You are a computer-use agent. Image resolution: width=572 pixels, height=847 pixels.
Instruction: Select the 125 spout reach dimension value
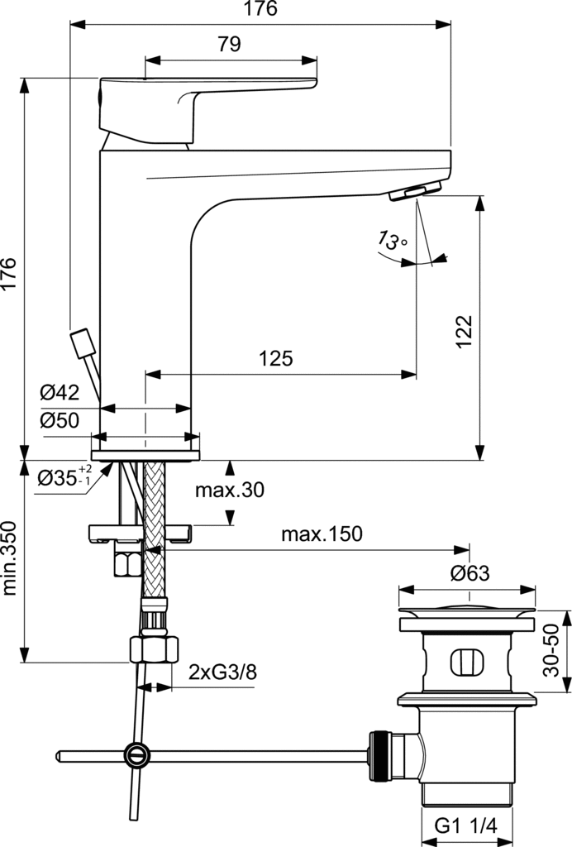[x=276, y=358]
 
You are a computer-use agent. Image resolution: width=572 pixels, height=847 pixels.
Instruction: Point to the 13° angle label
[x=393, y=241]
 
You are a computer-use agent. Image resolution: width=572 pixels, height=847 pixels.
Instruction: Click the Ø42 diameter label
[x=59, y=391]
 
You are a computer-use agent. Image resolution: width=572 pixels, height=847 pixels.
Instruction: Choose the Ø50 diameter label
[x=59, y=420]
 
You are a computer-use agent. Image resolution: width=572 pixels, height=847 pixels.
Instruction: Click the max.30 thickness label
[x=229, y=490]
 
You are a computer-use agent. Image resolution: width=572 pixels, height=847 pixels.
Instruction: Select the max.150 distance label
[x=322, y=534]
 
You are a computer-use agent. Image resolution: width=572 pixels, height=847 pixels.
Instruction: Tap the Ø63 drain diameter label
[x=469, y=573]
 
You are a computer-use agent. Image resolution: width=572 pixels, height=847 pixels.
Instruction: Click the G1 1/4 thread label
[x=468, y=827]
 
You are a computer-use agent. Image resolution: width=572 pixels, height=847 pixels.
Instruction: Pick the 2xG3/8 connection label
[x=222, y=671]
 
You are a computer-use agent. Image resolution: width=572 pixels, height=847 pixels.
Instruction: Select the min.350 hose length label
[x=9, y=558]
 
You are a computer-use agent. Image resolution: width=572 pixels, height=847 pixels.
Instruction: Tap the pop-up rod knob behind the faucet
[x=83, y=343]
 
